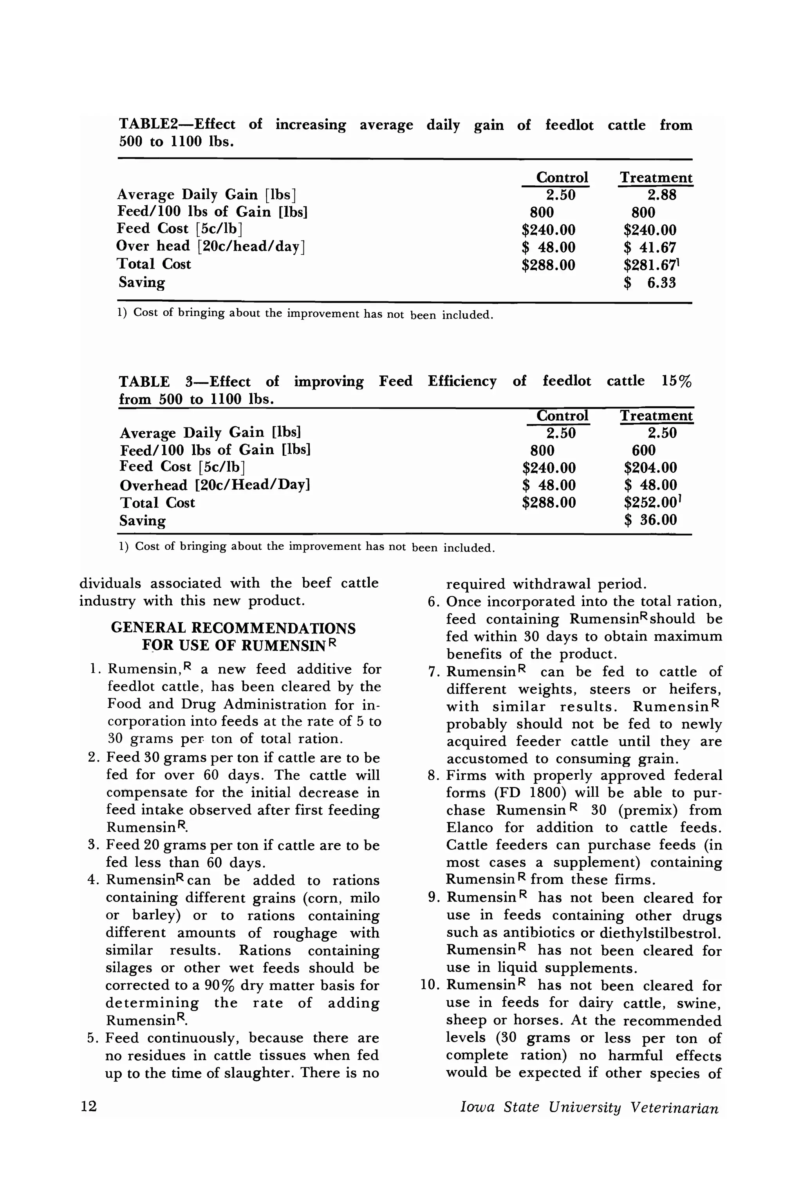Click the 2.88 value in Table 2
click(x=661, y=195)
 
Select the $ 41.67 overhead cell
click(x=650, y=248)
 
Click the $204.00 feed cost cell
click(x=650, y=468)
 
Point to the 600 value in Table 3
click(x=643, y=450)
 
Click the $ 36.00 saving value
click(x=650, y=520)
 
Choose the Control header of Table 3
click(x=562, y=416)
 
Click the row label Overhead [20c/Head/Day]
click(x=215, y=485)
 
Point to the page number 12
click(x=89, y=1106)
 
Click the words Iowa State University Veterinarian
click(x=589, y=1107)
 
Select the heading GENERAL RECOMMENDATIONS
click(x=233, y=628)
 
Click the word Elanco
click(x=470, y=827)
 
